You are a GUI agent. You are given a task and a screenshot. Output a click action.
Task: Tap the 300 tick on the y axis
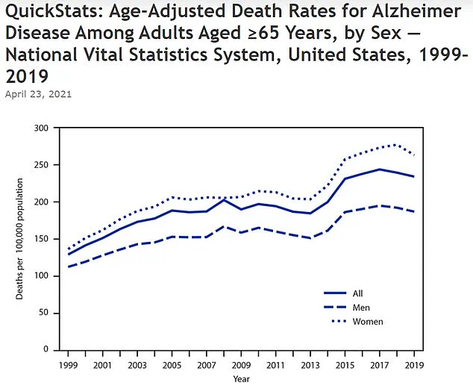(42, 128)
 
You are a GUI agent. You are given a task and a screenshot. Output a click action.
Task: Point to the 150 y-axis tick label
(42, 239)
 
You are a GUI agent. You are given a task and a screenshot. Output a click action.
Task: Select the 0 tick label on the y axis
(46, 349)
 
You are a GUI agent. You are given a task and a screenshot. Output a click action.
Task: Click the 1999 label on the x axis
(68, 367)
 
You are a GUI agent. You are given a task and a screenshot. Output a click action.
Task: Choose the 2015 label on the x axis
(345, 367)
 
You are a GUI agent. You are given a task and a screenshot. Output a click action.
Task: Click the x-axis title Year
(241, 379)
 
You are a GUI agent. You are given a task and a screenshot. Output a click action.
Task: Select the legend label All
(358, 293)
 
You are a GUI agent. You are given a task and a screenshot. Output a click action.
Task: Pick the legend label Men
(361, 308)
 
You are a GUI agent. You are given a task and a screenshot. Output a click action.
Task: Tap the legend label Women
(367, 322)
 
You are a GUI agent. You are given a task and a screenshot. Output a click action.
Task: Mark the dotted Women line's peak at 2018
(395, 145)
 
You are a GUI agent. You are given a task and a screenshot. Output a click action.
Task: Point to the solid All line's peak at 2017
(380, 169)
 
